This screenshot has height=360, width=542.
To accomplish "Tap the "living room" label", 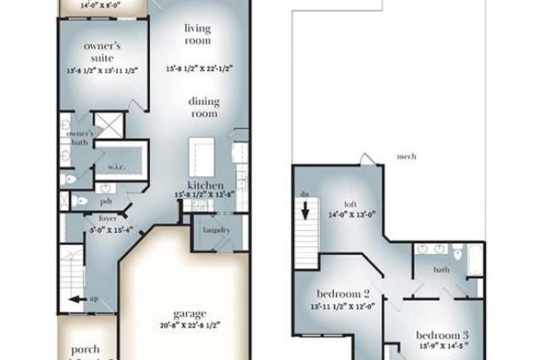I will tap(198, 34).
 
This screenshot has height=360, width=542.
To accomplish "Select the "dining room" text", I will tap(203, 108).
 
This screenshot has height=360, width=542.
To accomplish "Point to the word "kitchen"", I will tap(206, 186).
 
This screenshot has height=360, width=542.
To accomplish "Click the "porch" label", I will tap(86, 348).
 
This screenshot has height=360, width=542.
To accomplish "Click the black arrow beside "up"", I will tap(77, 298).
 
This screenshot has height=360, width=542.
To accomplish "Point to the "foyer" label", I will tap(108, 218).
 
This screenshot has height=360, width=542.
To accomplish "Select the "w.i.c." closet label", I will tap(117, 166).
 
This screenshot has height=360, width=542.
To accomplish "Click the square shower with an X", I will tap(108, 125).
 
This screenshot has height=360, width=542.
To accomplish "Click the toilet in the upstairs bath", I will tap(457, 253).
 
